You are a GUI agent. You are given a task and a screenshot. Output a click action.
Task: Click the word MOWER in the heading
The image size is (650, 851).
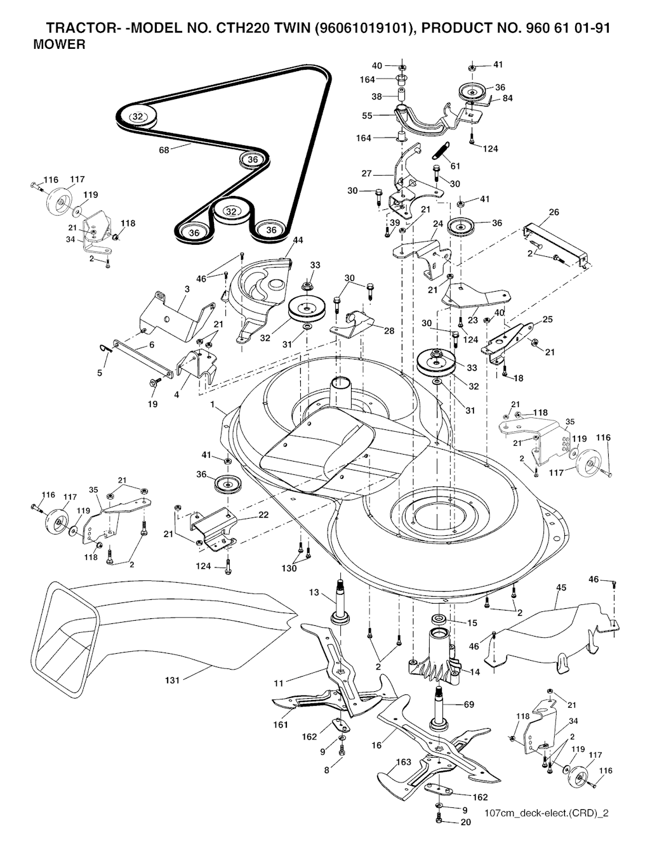(x=59, y=45)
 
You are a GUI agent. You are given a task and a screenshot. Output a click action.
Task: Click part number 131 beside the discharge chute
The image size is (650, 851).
(x=173, y=680)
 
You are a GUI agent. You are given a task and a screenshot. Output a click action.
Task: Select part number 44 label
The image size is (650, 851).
(x=298, y=240)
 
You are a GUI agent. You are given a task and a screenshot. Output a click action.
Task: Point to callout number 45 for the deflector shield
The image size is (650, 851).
(x=560, y=587)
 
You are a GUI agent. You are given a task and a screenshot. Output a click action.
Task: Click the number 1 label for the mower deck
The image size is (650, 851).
(x=213, y=404)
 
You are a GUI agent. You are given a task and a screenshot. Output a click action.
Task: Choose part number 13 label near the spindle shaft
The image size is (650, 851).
(x=314, y=592)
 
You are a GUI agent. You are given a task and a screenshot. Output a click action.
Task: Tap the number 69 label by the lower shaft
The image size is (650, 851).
(x=468, y=704)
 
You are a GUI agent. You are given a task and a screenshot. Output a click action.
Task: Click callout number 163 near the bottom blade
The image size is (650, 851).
(x=403, y=762)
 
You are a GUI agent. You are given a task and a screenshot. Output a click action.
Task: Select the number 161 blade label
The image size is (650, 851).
(x=281, y=724)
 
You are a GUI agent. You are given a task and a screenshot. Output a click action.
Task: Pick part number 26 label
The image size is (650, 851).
(x=554, y=212)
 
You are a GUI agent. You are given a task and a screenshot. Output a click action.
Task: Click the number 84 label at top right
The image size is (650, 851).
(x=508, y=98)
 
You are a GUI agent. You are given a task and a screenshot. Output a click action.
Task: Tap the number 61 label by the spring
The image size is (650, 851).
(x=454, y=166)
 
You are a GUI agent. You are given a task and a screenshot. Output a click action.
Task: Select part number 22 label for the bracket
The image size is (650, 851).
(x=263, y=514)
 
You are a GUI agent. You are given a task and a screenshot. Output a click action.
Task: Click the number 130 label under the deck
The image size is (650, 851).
(x=289, y=568)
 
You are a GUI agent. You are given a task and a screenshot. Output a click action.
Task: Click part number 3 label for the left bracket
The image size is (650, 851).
(x=187, y=289)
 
